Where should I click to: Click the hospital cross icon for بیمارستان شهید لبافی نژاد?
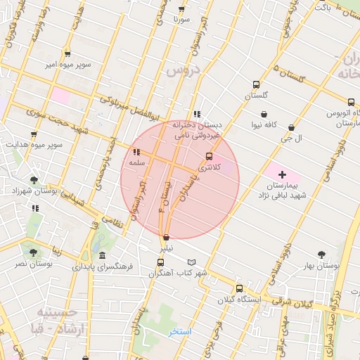[283, 174]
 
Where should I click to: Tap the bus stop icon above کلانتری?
[209, 157]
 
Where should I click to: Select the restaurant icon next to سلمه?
[136, 152]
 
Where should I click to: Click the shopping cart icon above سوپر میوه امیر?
[67, 53]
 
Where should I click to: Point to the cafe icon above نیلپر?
[166, 237]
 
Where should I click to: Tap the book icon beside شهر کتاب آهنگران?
[202, 262]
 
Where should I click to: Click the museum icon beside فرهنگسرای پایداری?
[103, 256]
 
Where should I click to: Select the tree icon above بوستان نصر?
[33, 252]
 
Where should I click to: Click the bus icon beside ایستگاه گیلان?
[239, 288]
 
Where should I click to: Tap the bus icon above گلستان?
[256, 84]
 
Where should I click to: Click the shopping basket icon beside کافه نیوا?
[263, 114]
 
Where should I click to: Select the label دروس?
[184, 70]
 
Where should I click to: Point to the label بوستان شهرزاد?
[34, 191]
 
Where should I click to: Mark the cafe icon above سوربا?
[181, 9]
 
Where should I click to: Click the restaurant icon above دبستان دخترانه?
[197, 113]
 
